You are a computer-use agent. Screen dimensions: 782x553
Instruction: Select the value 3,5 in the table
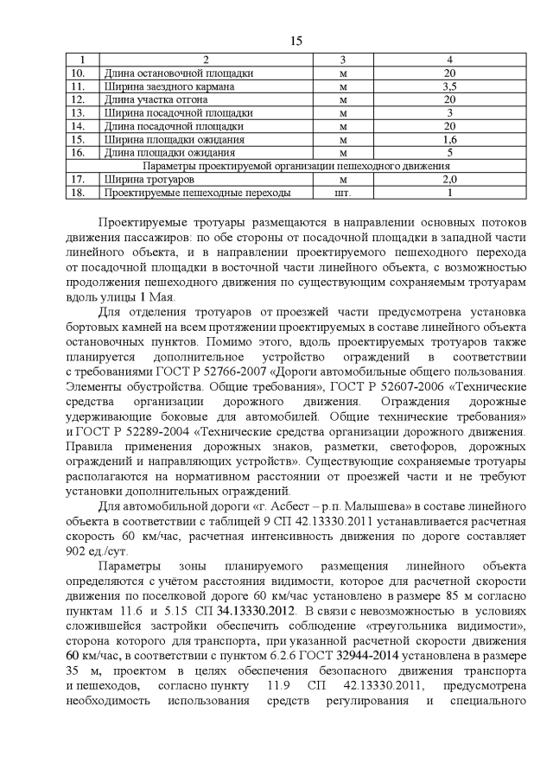pos(449,87)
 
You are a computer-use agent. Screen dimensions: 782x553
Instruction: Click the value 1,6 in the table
pos(449,139)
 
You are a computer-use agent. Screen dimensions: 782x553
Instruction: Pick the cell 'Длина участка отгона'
pos(156,100)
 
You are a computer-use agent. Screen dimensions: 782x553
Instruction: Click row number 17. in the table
pos(79,179)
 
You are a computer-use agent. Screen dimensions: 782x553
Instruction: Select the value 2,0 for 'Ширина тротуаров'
pos(449,179)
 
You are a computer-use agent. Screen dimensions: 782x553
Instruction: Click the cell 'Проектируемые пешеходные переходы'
pos(197,193)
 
